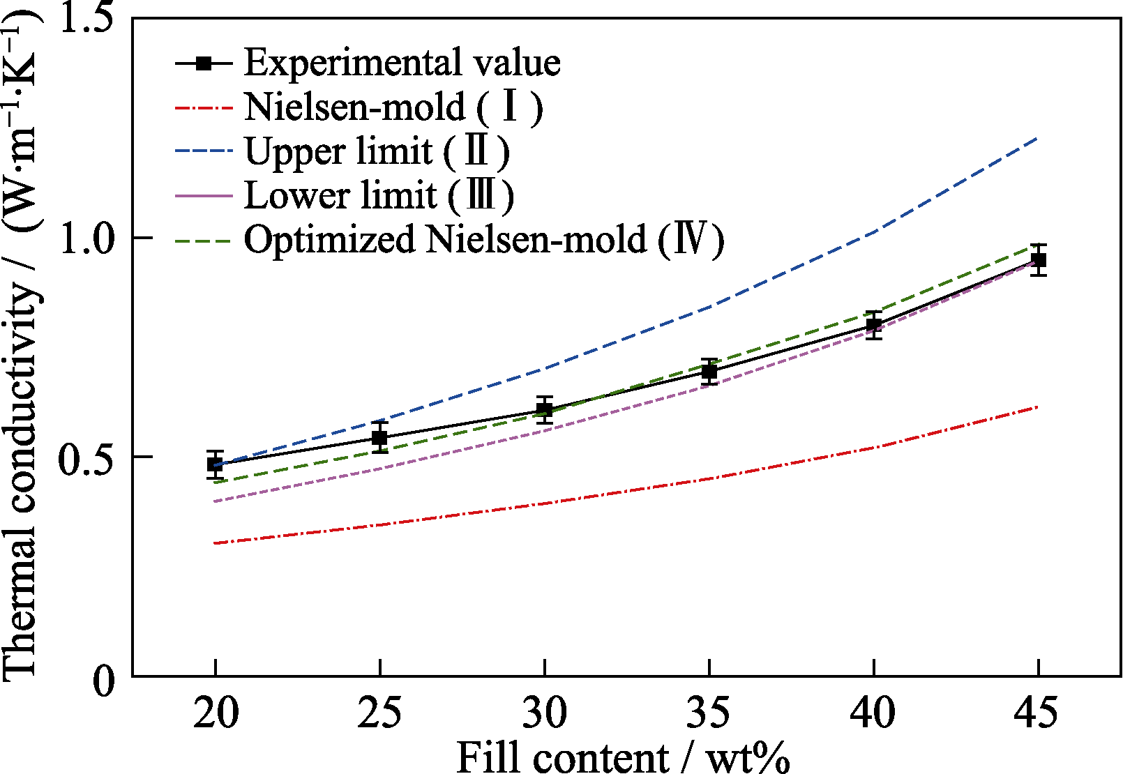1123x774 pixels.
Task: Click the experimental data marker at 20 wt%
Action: click(215, 464)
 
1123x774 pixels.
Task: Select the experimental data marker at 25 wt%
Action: click(379, 438)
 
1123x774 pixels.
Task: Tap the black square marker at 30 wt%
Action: click(545, 410)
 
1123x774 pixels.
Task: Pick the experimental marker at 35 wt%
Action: click(709, 372)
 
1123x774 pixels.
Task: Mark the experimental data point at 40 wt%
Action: click(874, 325)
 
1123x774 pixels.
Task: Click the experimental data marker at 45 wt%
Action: click(1039, 261)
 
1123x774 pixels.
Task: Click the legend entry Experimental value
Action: click(402, 63)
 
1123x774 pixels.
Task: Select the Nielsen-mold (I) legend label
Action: click(393, 107)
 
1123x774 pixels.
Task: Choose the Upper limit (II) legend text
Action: click(377, 151)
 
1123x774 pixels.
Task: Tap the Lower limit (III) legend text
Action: click(379, 195)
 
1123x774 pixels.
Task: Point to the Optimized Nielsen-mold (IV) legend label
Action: click(484, 240)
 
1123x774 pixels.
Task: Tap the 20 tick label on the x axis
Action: click(216, 713)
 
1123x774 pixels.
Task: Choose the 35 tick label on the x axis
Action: click(709, 713)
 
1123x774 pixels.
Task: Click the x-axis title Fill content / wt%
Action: click(623, 757)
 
